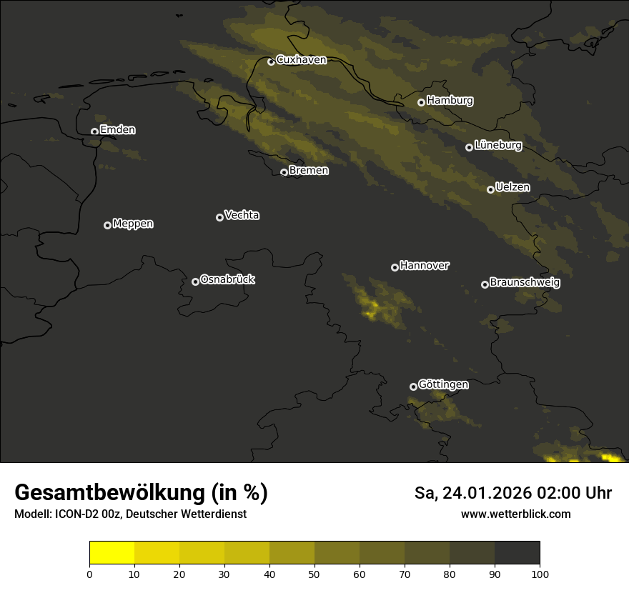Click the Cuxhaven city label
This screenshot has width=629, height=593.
point(301,60)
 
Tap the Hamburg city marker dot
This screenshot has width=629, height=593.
point(422,102)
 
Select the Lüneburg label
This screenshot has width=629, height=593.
point(498,146)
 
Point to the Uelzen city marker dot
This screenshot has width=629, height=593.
point(490,189)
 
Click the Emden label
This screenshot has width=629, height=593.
point(118,130)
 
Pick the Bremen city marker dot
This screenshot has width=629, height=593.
point(284,172)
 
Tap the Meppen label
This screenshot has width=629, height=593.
point(133,224)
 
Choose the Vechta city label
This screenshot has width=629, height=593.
point(242,215)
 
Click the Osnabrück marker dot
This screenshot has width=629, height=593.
point(195,281)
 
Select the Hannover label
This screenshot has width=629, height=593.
point(425,266)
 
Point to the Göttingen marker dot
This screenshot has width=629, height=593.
point(413,387)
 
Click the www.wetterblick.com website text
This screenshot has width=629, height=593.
point(515,514)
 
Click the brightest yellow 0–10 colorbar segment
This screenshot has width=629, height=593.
point(112,553)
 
